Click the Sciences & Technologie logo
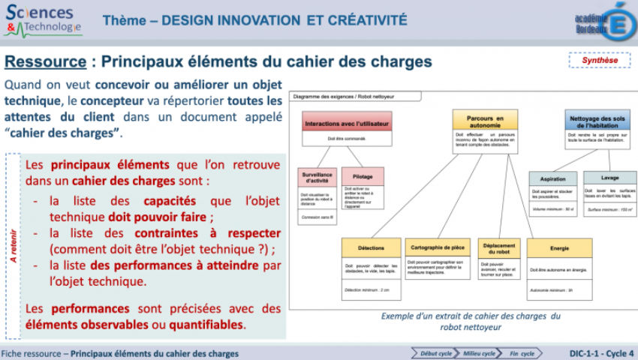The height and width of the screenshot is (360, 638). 43,20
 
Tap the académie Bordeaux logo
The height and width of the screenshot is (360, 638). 603,20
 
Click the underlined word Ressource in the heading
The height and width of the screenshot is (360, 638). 45,61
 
